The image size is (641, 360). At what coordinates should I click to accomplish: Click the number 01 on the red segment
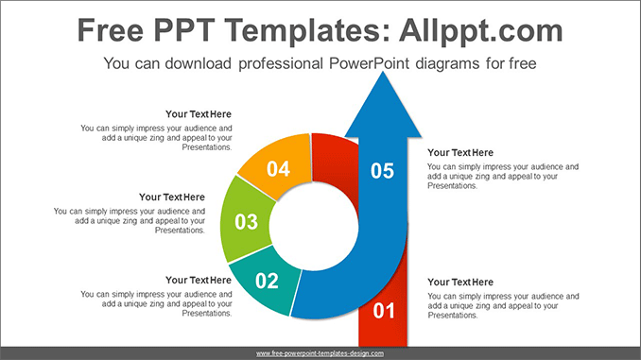point(383,310)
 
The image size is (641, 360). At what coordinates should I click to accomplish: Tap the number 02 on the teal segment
point(268,280)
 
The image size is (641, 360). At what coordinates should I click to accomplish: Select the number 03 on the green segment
point(246,222)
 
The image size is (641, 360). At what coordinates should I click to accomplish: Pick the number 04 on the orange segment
point(278,169)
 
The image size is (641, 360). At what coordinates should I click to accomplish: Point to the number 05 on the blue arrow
point(382,170)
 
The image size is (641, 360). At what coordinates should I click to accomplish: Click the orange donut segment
point(278,163)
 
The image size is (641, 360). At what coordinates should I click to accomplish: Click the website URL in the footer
point(320,353)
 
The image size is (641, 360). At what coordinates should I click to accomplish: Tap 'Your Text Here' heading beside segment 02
point(198,280)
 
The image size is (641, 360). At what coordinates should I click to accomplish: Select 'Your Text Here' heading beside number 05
point(460,152)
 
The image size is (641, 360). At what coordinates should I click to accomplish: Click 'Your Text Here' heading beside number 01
point(460,282)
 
